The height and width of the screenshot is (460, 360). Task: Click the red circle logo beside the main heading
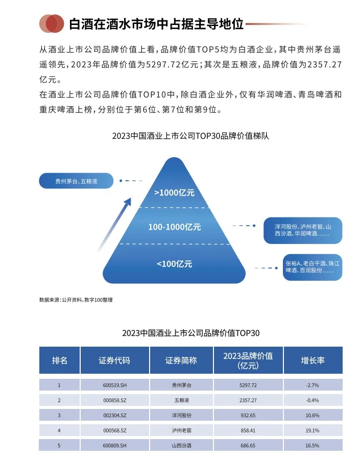tap(52, 23)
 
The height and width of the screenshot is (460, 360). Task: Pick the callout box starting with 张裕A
tap(313, 267)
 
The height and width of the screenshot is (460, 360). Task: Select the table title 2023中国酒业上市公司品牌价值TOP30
tap(191, 333)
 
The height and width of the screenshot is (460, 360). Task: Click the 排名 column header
tap(60, 360)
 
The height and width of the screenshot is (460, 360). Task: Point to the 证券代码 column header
tap(114, 360)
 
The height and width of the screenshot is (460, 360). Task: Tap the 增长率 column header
tap(313, 360)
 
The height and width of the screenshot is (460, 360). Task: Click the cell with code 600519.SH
tap(114, 385)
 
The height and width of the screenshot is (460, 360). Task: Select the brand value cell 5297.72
tap(248, 385)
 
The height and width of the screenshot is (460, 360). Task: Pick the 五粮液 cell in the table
tap(181, 400)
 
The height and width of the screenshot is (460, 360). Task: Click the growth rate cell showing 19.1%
tap(313, 430)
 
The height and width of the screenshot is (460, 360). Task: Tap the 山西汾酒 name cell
tap(181, 446)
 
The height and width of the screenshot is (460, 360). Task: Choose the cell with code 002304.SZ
tap(114, 416)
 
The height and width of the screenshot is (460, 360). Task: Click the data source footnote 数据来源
tap(76, 300)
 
